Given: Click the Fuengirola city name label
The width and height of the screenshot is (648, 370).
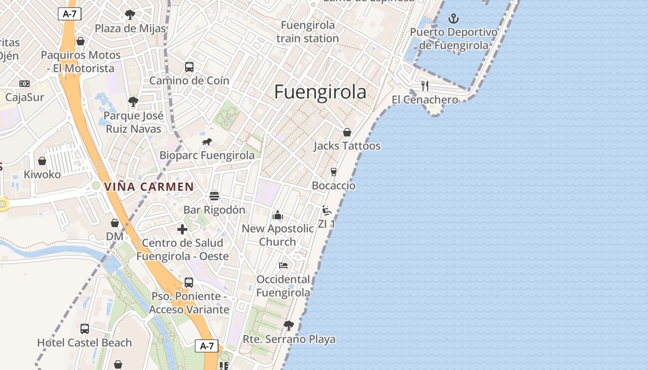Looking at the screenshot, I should point(320,92).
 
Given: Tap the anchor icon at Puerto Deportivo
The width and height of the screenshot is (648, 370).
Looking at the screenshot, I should point(454,19).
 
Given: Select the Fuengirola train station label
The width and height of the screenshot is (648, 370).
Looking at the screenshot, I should point(308,31).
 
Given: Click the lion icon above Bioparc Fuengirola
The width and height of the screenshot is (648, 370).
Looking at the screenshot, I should point(207,142).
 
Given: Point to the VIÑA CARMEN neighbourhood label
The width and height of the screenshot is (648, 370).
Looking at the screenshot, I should point(149,187).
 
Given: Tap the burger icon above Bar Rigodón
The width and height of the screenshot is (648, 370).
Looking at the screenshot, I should point(214,196).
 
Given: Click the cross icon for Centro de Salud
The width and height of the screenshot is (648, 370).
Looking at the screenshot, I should point(182,229).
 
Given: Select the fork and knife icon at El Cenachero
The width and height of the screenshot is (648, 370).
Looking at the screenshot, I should point(424,86).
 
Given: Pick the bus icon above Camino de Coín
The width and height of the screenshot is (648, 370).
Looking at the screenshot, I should point(189,67).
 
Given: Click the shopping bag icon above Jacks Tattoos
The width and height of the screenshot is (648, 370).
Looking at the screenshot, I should point(347,132).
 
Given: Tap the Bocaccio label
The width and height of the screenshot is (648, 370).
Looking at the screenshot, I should point(334,185).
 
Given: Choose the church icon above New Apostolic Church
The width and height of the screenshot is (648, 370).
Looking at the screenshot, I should point(278,215).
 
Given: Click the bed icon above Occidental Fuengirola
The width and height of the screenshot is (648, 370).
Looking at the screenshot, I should point(283,265).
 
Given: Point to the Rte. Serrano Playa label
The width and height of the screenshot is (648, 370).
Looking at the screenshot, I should point(289,339).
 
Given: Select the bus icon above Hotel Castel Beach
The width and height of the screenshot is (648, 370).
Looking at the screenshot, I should point(85,329).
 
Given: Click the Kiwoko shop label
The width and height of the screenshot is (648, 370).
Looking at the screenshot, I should point(42,174).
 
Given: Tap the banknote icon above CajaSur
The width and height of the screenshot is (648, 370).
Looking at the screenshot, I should point(25,84).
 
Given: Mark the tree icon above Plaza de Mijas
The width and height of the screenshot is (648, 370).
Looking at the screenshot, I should point(130,15).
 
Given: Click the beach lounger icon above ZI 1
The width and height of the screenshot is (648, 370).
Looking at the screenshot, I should point(327,210).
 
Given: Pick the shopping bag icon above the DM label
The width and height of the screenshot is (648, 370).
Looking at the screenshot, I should point(115,223).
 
